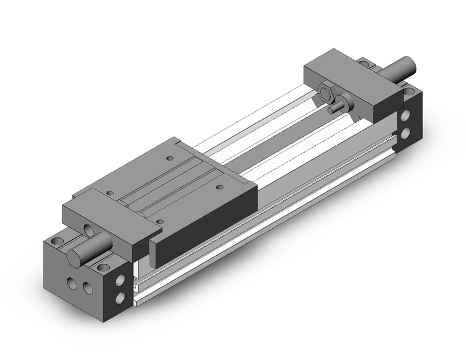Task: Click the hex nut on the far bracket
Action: pyautogui.click(x=326, y=94)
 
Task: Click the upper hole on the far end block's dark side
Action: pyautogui.click(x=406, y=115)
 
